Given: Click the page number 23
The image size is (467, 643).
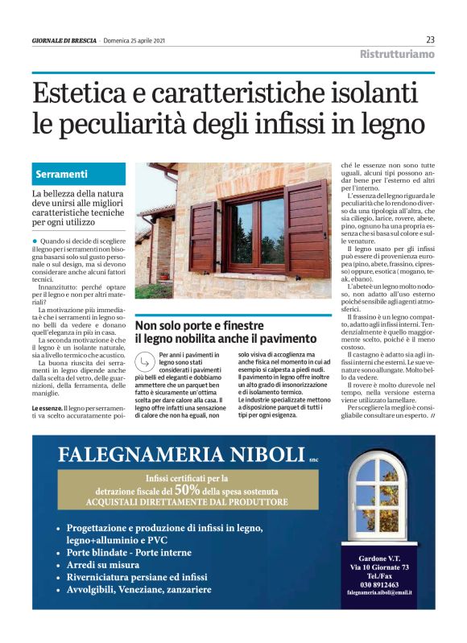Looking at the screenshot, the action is click(430, 39).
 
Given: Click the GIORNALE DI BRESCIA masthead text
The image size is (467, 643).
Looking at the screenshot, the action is click(64, 40).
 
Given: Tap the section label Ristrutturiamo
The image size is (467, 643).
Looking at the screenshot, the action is click(396, 55).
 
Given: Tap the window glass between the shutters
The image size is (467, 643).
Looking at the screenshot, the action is click(257, 234).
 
